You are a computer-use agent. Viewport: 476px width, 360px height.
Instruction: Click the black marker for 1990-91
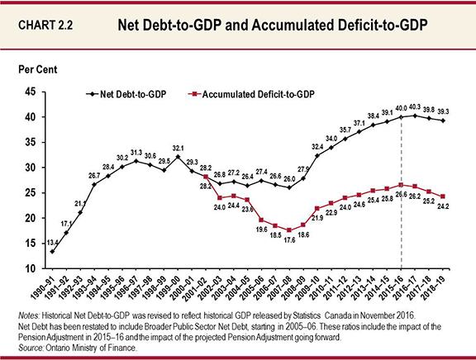52,251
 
